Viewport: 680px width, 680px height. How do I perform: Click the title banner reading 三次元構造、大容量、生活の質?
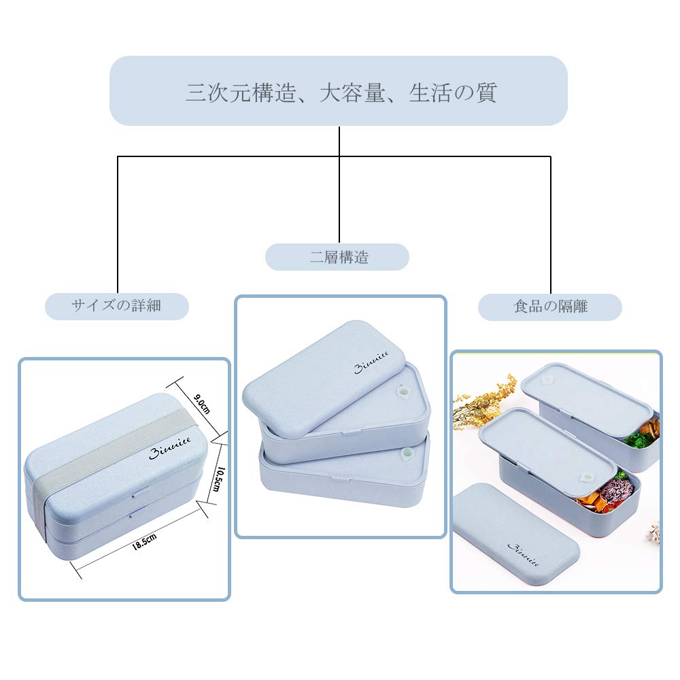pos(339,91)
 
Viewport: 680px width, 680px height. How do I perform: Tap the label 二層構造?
pos(337,257)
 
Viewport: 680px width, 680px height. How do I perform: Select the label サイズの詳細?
pos(116,305)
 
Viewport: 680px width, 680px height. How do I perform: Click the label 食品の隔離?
pos(549,307)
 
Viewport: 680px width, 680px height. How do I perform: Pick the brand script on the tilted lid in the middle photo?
pos(371,367)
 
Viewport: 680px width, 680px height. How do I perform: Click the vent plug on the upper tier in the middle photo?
pos(403,392)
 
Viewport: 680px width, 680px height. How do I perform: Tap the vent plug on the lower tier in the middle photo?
pos(407,453)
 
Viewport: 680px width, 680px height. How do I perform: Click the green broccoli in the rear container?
pos(636,440)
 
